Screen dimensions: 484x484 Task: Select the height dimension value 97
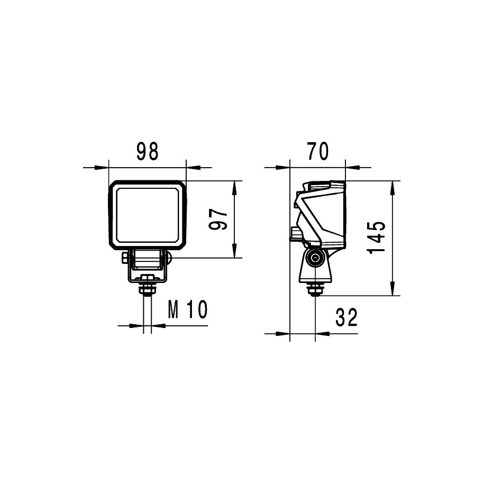[218, 219]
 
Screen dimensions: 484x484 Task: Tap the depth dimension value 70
[317, 151]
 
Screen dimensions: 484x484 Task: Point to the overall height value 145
[377, 238]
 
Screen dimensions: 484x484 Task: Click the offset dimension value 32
[346, 317]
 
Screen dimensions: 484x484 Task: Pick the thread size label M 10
[188, 309]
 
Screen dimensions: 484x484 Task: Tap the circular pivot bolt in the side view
[315, 258]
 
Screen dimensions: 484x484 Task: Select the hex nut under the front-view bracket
[148, 290]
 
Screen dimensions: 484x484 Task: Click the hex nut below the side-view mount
[315, 290]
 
